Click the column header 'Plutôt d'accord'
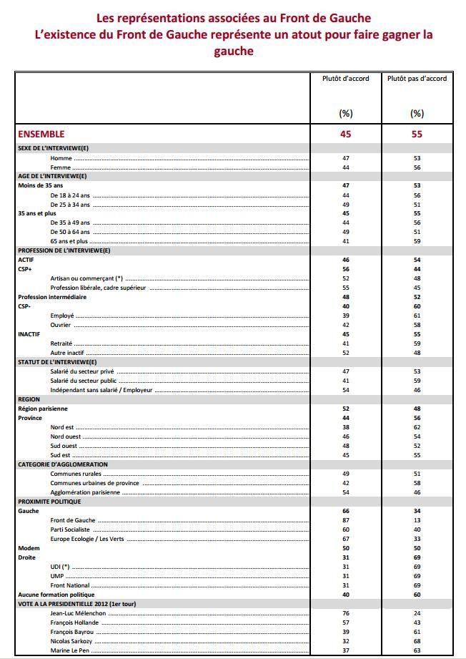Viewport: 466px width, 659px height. click(x=346, y=79)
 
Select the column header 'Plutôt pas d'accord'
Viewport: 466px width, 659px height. click(x=417, y=79)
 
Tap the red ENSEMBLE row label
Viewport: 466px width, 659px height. click(x=41, y=134)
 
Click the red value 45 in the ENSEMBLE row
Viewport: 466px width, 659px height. click(x=346, y=134)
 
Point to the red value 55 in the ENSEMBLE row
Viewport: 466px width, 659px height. click(x=417, y=134)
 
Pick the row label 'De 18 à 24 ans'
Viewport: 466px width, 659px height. click(x=69, y=195)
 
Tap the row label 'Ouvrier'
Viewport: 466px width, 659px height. click(x=61, y=324)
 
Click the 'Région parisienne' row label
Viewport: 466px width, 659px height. click(x=42, y=409)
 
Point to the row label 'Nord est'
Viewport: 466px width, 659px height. click(x=62, y=427)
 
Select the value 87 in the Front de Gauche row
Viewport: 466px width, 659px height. click(x=346, y=520)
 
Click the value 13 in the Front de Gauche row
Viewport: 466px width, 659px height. click(x=417, y=520)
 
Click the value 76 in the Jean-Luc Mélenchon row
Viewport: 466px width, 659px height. click(x=346, y=613)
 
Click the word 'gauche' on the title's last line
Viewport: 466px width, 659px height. click(x=234, y=52)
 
